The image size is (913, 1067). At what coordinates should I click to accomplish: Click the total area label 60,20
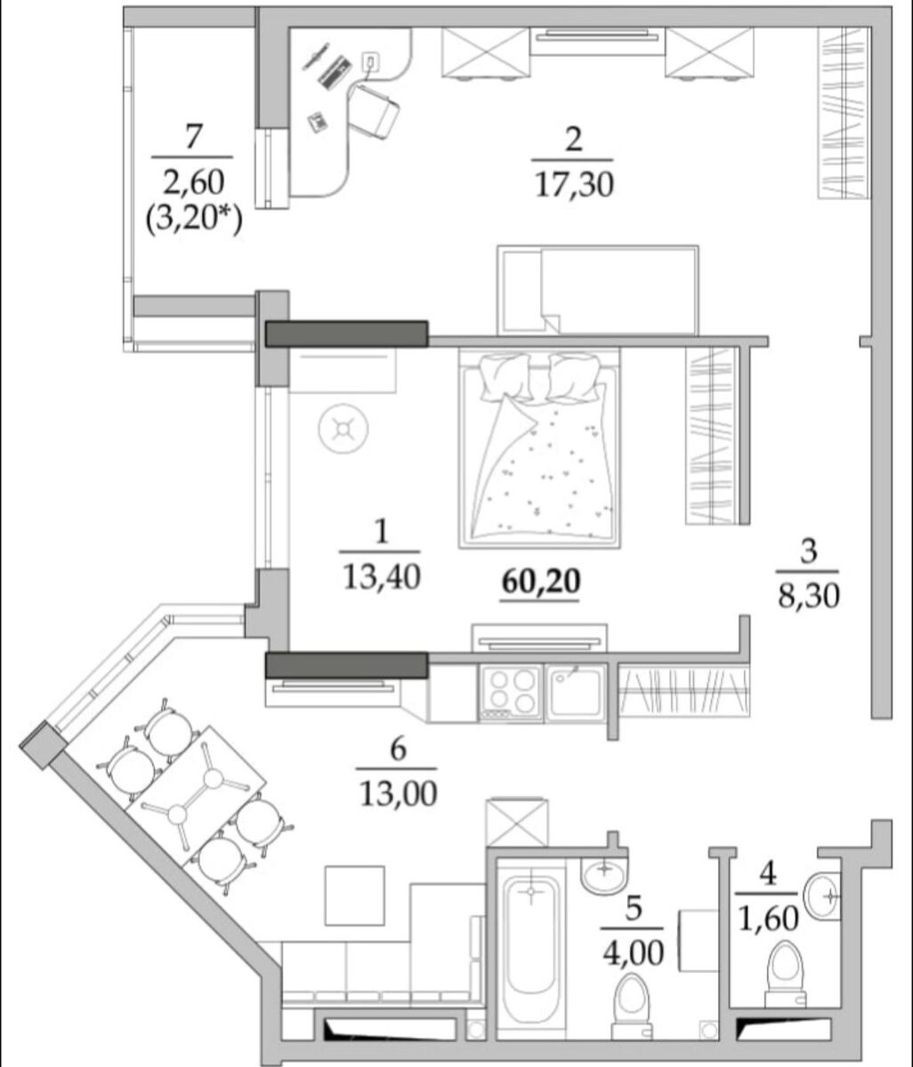[541, 582]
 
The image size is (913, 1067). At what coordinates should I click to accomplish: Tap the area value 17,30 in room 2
[574, 185]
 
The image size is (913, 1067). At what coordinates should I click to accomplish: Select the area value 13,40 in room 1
[382, 577]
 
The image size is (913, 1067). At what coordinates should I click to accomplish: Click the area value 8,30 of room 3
[809, 598]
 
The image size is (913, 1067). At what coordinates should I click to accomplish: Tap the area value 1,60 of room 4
[769, 919]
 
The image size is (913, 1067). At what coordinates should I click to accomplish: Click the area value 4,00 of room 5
[633, 953]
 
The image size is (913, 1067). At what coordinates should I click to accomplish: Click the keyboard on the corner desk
[335, 71]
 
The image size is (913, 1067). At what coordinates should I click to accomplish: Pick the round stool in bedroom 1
[343, 429]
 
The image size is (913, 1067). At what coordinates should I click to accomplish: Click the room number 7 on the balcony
[193, 137]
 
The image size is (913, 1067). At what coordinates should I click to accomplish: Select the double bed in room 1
[539, 448]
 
